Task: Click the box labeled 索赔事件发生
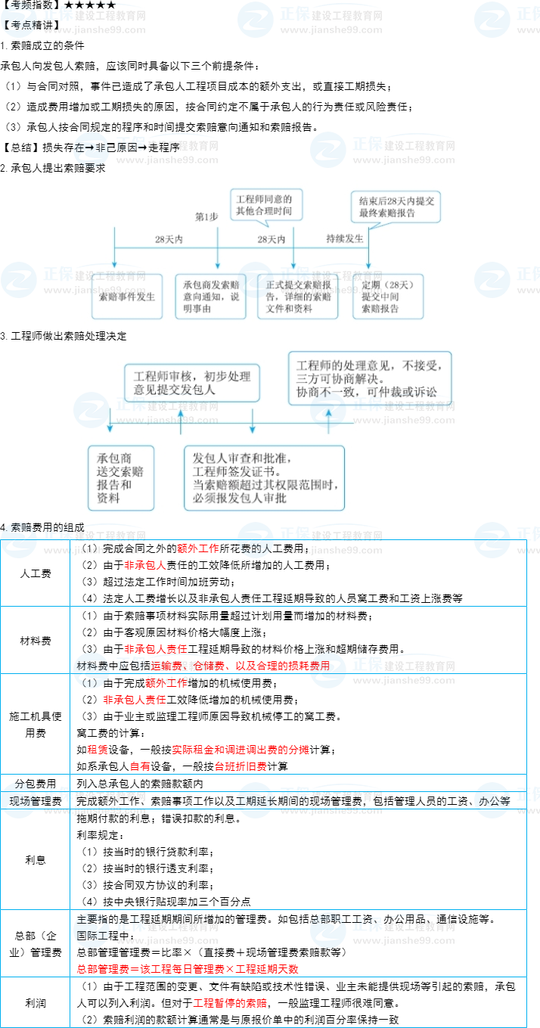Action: [127, 296]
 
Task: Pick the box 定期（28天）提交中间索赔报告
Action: [388, 296]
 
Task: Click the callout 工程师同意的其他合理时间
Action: [263, 205]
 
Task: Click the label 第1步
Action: [206, 216]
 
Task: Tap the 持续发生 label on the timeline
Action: [344, 238]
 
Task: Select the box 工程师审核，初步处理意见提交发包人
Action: [191, 383]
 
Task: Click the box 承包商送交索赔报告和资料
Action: [120, 478]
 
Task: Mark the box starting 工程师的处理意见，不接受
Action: [373, 377]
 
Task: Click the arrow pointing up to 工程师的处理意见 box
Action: [328, 418]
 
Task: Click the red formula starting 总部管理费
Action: [188, 969]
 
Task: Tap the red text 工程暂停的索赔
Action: [230, 1003]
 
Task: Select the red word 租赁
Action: [98, 750]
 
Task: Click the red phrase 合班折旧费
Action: [241, 766]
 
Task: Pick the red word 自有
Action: [140, 766]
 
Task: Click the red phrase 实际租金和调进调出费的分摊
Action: [241, 750]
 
